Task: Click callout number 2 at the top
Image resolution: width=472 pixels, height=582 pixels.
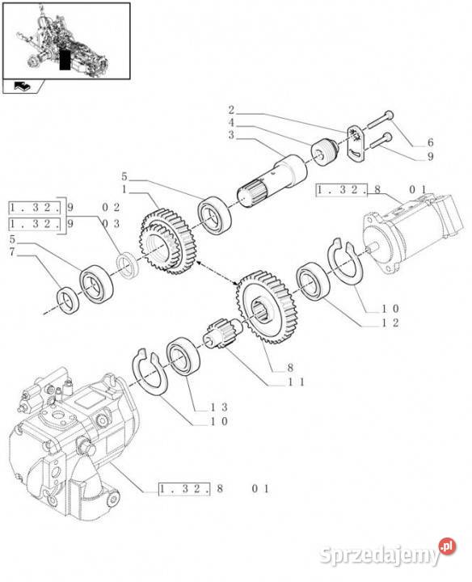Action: click(230, 109)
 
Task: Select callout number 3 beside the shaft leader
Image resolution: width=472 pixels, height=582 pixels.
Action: click(230, 135)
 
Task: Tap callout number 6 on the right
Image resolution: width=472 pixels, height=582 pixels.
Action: click(432, 143)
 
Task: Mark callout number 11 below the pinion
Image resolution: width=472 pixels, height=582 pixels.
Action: click(297, 382)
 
